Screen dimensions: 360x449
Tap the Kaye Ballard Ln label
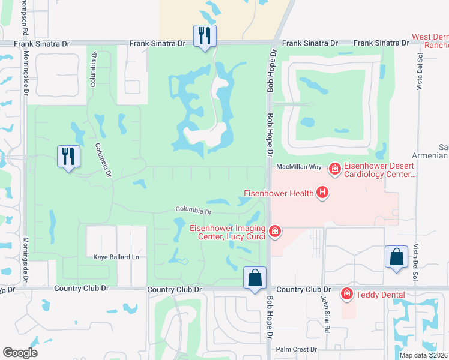(116, 257)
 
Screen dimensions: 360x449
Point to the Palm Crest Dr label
(296, 349)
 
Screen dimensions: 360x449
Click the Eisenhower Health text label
(279, 193)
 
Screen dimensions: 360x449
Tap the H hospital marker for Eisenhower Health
(323, 193)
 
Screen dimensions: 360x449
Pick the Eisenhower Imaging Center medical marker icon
(275, 230)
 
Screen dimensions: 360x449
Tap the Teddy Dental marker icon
(346, 294)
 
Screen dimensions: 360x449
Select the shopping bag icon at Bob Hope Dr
(255, 278)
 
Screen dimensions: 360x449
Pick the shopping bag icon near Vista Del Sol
(397, 257)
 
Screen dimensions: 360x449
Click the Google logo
(20, 353)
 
